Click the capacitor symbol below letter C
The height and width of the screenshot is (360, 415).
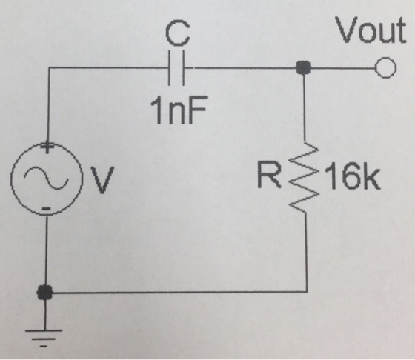tap(176, 68)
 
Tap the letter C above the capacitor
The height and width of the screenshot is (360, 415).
tap(178, 33)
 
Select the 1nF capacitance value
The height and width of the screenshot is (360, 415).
tap(178, 110)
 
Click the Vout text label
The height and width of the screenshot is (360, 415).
tap(371, 30)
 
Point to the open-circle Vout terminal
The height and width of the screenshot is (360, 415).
tap(385, 67)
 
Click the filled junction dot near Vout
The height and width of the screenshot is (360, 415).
tap(303, 67)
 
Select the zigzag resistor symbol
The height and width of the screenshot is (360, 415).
tap(305, 177)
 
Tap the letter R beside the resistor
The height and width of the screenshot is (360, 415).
tap(268, 175)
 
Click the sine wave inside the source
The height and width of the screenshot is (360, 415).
tap(46, 178)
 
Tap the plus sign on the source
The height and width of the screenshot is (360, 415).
tap(47, 146)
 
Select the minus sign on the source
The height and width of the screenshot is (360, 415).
tap(46, 208)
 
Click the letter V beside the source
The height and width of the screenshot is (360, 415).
tap(102, 180)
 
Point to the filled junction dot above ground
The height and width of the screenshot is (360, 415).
tap(45, 292)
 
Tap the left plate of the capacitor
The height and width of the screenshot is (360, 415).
tap(170, 68)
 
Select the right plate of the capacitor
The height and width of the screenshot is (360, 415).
tap(183, 68)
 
